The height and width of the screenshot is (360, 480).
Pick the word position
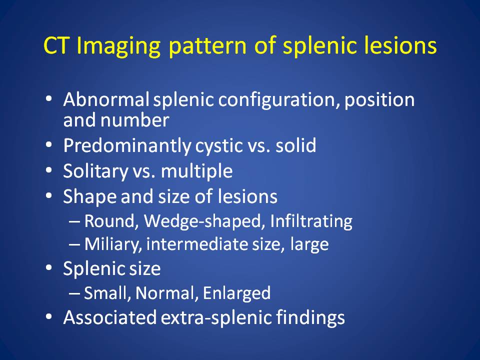click(x=379, y=100)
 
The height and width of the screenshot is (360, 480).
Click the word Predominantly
click(x=127, y=145)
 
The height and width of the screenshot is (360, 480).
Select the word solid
click(x=295, y=145)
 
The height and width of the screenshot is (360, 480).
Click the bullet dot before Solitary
click(x=48, y=170)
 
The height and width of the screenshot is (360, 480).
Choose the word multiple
click(x=197, y=171)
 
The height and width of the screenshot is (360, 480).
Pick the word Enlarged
click(x=236, y=293)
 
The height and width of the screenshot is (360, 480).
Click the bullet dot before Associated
click(x=48, y=317)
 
